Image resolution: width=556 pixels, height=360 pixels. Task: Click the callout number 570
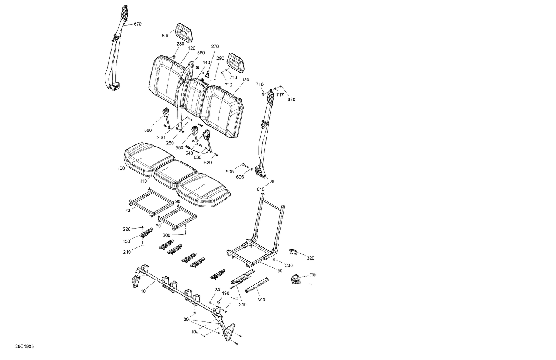click(x=137, y=24)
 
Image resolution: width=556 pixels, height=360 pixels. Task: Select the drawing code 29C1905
click(x=24, y=347)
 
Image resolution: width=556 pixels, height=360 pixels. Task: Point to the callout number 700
click(x=312, y=275)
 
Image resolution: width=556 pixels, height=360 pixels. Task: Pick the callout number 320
click(x=310, y=258)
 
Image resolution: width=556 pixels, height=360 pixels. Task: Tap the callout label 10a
click(x=195, y=332)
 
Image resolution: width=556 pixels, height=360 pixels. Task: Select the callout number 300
click(x=261, y=300)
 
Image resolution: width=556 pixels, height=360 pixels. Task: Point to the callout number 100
click(x=121, y=169)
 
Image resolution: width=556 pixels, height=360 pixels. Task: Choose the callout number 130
click(x=245, y=80)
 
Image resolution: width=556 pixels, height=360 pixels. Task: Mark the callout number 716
click(x=259, y=84)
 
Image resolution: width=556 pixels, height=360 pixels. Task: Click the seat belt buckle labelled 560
click(x=165, y=112)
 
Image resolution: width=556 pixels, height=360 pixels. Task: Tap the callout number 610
click(x=261, y=189)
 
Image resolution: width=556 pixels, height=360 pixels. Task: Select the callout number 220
click(x=127, y=229)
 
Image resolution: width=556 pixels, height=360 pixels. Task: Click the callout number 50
click(x=279, y=271)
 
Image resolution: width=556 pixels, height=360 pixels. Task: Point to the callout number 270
click(x=215, y=47)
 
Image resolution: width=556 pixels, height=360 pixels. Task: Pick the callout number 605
click(x=229, y=171)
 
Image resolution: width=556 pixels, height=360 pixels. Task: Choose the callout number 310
click(x=243, y=304)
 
